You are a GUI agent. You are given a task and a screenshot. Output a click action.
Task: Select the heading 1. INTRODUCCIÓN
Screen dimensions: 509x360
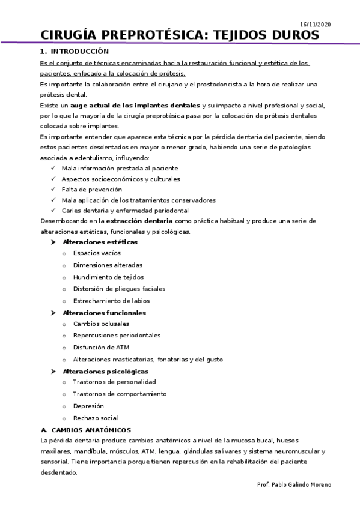point(75,52)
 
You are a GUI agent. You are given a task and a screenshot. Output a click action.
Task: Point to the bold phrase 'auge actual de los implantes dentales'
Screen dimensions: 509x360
point(135,105)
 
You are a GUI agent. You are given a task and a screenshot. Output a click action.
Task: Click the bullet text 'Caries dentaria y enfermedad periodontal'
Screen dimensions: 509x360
point(125,211)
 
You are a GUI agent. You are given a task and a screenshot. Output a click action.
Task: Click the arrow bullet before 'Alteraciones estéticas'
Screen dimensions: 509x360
point(54,242)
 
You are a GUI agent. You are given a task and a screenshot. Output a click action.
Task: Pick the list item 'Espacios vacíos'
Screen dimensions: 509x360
point(97,253)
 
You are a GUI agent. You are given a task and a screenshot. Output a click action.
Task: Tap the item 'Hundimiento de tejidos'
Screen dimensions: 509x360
point(108,277)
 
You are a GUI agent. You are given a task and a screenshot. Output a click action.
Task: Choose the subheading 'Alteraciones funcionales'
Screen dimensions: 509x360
point(104,313)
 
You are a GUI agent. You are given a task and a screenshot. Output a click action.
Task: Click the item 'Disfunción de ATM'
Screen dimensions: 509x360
point(101,347)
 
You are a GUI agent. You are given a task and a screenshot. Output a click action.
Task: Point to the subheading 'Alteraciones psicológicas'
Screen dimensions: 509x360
point(105,371)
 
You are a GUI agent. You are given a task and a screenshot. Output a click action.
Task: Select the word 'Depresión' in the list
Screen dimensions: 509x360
point(88,406)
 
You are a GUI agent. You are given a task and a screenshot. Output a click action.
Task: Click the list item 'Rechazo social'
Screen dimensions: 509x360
point(96,418)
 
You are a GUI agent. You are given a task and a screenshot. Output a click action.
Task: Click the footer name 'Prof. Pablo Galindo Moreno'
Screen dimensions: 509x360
point(293,484)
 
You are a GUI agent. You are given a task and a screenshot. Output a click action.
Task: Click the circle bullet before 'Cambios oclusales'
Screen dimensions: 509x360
point(64,324)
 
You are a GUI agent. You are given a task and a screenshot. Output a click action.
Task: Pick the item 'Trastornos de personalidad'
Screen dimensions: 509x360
point(114,382)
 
